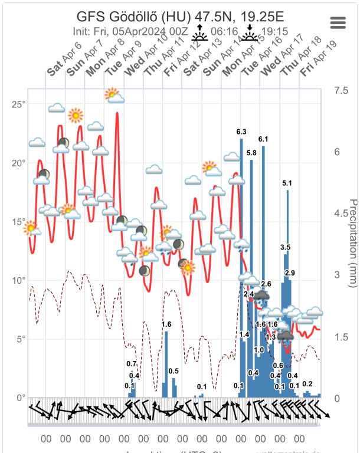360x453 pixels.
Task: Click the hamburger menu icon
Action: [x=338, y=22]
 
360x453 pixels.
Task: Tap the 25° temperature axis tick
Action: [x=19, y=104]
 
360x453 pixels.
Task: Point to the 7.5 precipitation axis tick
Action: [x=341, y=90]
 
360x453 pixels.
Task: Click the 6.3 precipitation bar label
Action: [x=241, y=131]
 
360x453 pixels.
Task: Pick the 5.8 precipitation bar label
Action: [x=251, y=153]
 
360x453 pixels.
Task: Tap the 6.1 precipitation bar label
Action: [x=263, y=139]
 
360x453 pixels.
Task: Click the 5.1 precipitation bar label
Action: [x=287, y=183]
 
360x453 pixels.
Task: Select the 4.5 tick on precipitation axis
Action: [x=341, y=213]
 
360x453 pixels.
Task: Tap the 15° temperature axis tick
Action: [x=19, y=222]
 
